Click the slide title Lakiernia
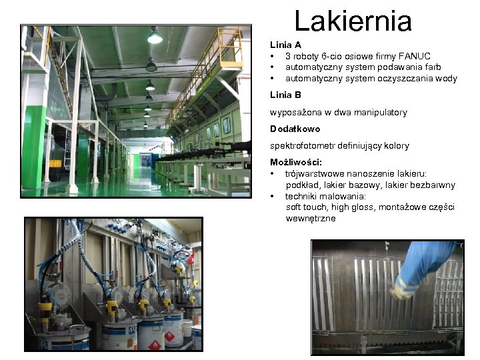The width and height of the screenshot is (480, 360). click(353, 21)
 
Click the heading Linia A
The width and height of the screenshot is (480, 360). click(285, 45)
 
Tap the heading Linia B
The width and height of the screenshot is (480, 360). click(285, 95)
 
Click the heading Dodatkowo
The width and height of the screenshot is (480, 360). click(295, 129)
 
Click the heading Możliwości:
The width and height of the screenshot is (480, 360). click(296, 162)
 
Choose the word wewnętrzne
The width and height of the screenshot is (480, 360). click(311, 218)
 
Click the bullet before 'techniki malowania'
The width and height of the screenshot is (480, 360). click(273, 196)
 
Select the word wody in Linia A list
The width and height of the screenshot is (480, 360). click(446, 78)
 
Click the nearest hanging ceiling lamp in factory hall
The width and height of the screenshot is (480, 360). click(155, 37)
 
